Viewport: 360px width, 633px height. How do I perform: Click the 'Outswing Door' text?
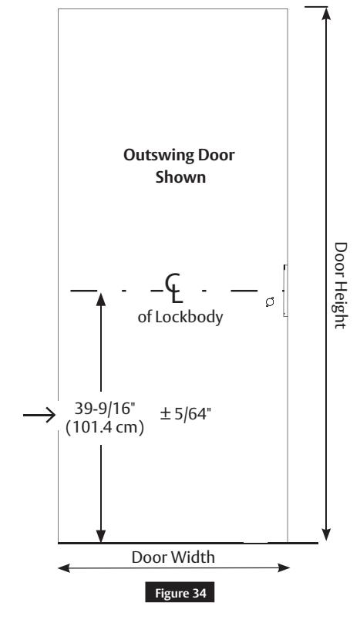(180, 155)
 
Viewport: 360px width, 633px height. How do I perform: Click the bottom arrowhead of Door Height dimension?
(326, 534)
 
